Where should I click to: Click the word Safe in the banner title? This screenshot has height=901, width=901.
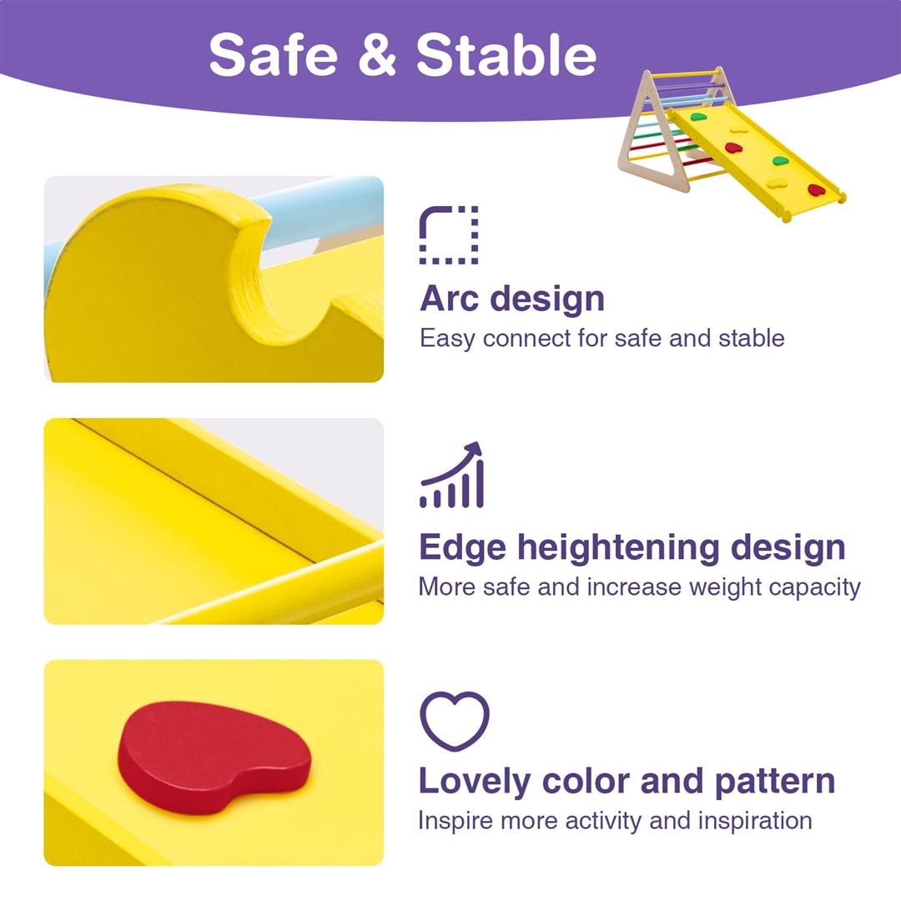(274, 55)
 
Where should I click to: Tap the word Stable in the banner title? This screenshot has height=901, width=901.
(506, 55)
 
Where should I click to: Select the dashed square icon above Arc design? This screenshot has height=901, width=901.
(449, 235)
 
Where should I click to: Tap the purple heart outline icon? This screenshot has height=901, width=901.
(454, 720)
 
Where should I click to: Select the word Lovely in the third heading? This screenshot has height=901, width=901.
(474, 781)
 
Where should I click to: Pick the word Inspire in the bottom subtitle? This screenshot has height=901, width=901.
(456, 820)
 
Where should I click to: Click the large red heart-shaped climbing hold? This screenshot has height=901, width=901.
(213, 755)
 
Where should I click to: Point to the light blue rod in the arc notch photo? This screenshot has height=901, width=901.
(317, 209)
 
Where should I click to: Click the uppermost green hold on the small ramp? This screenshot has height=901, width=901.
(698, 116)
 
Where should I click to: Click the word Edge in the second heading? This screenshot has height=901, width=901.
(461, 547)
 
